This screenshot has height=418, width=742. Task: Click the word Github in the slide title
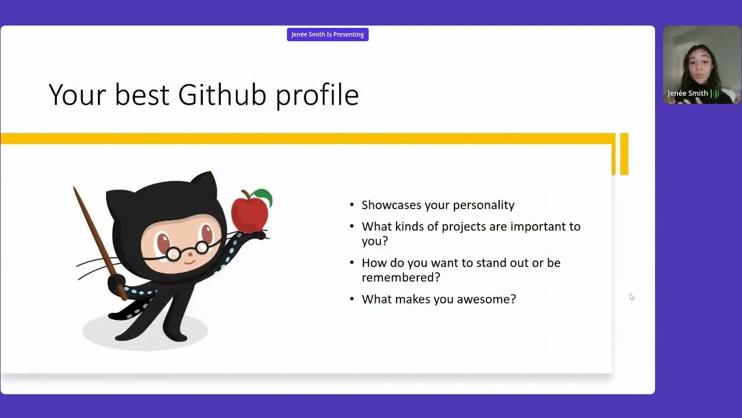tap(222, 95)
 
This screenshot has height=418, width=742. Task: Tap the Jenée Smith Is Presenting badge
tap(328, 34)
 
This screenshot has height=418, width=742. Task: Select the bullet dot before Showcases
tap(352, 206)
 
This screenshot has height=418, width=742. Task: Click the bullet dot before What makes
tap(352, 300)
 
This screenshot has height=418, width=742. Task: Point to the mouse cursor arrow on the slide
tap(631, 297)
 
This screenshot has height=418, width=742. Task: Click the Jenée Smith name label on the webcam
tap(688, 93)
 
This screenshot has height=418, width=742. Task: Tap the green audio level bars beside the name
tap(716, 93)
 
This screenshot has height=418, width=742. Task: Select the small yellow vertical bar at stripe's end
tap(624, 154)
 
